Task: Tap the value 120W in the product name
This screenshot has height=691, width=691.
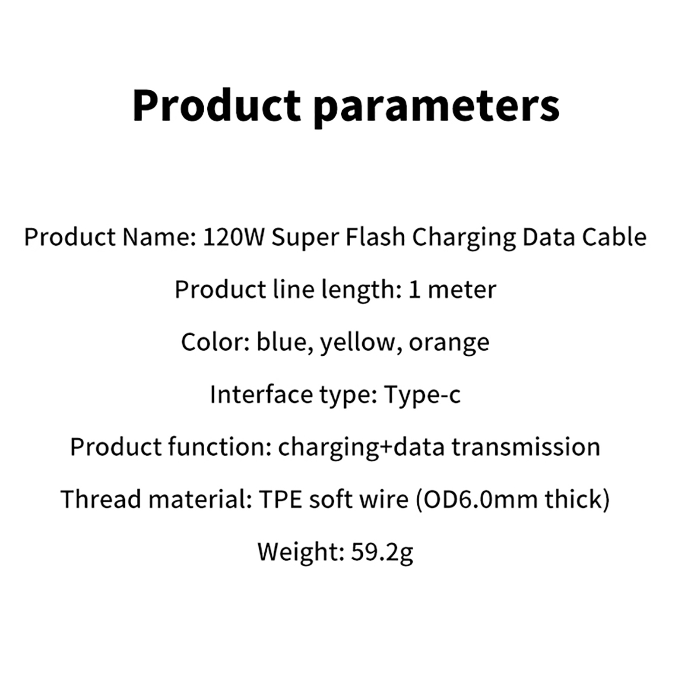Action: [233, 237]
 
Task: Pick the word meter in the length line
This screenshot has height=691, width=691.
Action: [462, 290]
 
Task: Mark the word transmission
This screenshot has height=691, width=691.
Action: [526, 447]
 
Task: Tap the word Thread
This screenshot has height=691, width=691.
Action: [101, 499]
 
